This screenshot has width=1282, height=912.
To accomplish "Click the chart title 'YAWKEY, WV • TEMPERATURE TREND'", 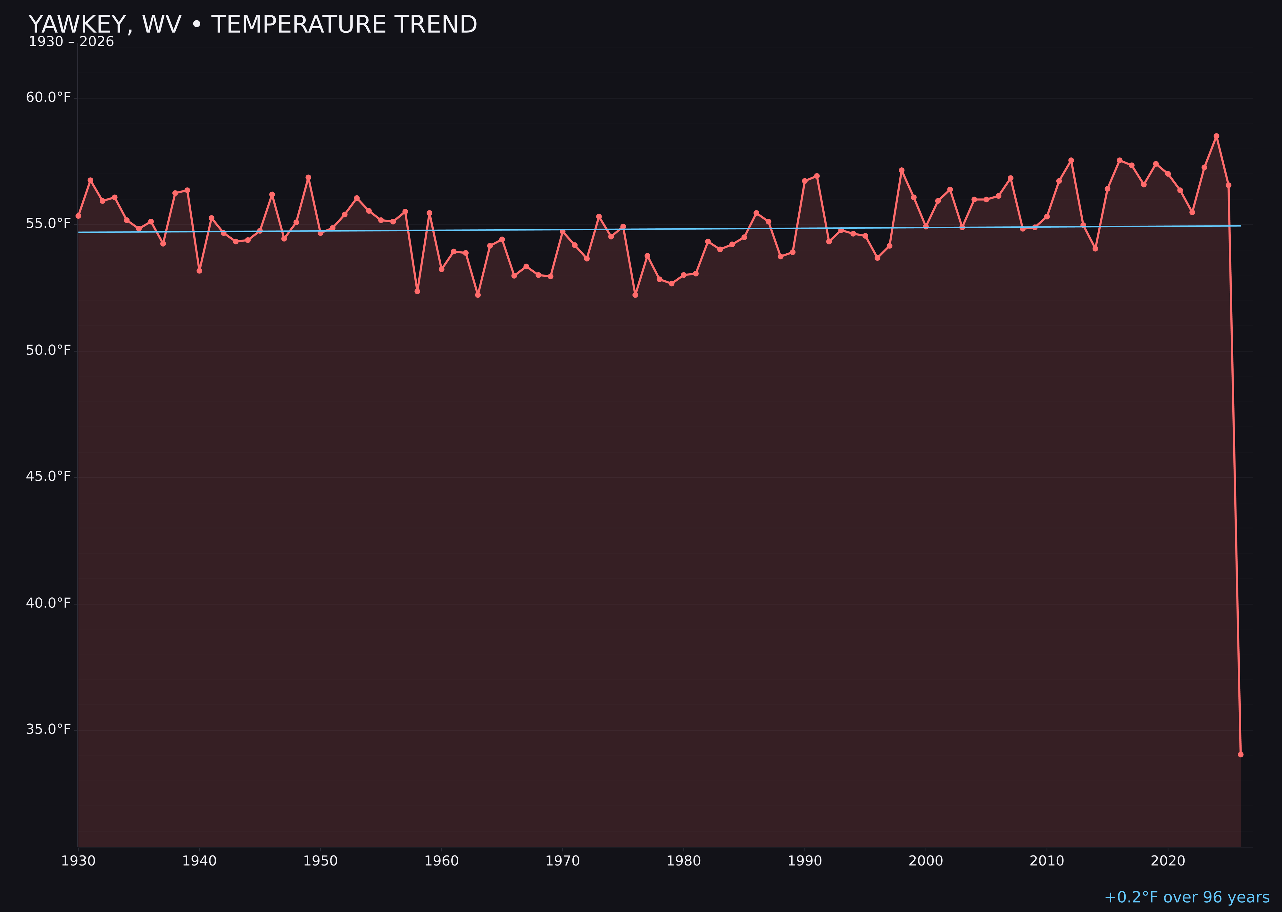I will coord(253,25).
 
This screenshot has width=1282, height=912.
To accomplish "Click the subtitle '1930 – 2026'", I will coord(71,42).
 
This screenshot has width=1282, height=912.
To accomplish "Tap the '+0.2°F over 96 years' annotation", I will coord(1186,897).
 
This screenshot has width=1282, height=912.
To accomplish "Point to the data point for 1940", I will coord(199,271).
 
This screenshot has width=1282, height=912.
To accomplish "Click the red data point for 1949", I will coord(308,177).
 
